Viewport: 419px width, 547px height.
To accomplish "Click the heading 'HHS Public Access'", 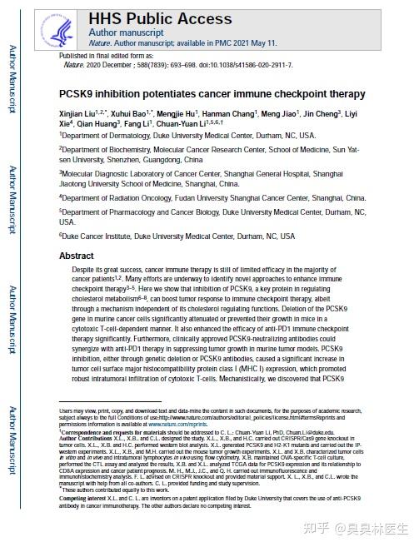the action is point(160,19).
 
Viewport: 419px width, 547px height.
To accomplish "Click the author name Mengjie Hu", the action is point(180,111).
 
